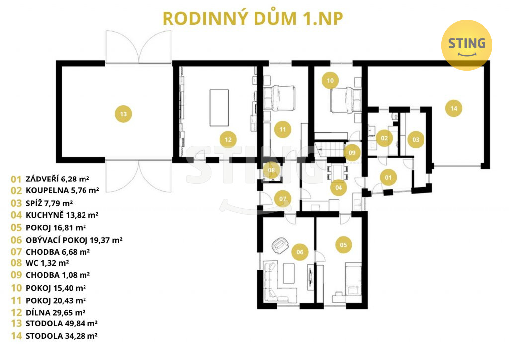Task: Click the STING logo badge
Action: tap(467, 44)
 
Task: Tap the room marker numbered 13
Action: tap(123, 114)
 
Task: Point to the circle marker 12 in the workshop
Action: tap(228, 140)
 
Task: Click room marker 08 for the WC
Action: tap(271, 170)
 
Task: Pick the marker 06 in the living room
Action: tap(300, 252)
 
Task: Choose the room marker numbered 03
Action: tap(416, 140)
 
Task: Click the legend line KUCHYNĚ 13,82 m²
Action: tap(55, 215)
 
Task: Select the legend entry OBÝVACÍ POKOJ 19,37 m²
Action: tap(67, 240)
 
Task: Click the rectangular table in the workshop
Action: tap(219, 107)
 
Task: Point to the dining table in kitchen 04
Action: tap(338, 172)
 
